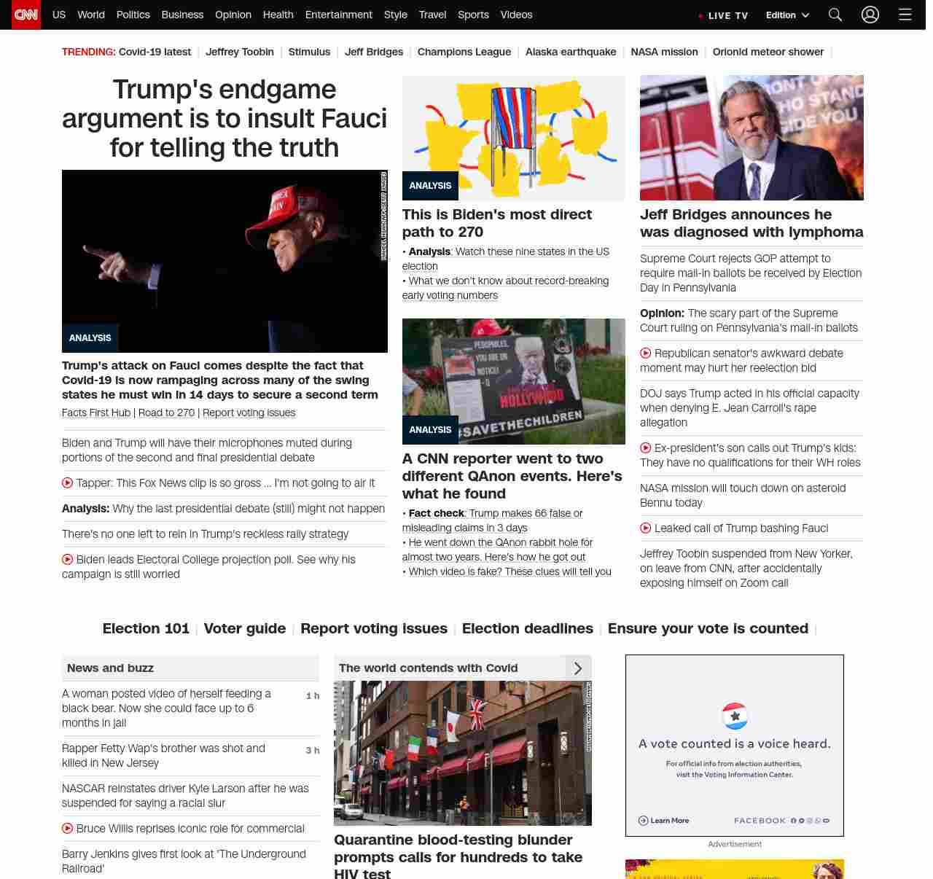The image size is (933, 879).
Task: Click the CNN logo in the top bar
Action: [x=26, y=15]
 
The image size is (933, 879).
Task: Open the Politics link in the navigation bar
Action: [x=133, y=15]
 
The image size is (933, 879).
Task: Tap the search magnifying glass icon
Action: [x=835, y=15]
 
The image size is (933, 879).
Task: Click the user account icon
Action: [x=870, y=15]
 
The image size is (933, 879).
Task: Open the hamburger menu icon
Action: [x=905, y=15]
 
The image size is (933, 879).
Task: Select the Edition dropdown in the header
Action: [x=787, y=15]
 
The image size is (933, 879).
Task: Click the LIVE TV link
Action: [x=723, y=15]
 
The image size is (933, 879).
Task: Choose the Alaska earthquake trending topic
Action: [x=570, y=52]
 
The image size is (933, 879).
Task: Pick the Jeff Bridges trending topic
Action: [x=373, y=52]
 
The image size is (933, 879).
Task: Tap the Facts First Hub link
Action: [x=96, y=413]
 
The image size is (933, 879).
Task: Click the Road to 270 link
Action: [x=166, y=413]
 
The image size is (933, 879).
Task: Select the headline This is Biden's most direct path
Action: [x=496, y=223]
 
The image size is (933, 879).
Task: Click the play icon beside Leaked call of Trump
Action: [x=646, y=528]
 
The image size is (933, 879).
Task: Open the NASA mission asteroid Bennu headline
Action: [x=743, y=496]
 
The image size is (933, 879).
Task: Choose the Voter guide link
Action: [x=244, y=628]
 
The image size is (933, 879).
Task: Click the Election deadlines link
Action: [x=527, y=628]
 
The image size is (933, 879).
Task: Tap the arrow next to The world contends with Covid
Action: [x=578, y=668]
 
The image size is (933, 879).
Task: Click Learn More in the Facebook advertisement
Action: [x=664, y=821]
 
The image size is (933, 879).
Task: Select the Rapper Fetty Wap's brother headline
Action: [x=163, y=756]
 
